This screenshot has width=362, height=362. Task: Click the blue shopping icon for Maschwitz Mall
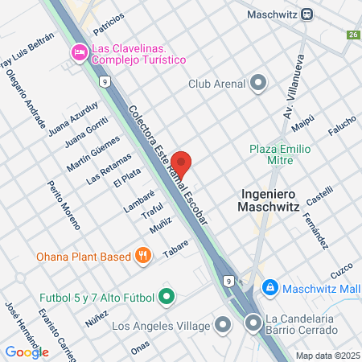tap(270, 287)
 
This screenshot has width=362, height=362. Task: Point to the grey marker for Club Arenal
tap(258, 83)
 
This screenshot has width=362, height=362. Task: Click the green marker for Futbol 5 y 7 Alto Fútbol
tap(167, 298)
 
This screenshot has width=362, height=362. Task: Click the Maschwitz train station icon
tap(306, 14)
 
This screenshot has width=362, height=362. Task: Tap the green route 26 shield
tap(352, 35)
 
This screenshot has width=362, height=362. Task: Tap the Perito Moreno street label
tap(64, 205)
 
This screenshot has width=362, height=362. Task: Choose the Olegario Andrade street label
tap(25, 98)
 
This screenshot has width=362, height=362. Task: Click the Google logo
tap(27, 352)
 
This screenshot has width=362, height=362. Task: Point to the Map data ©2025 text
tap(326, 356)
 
